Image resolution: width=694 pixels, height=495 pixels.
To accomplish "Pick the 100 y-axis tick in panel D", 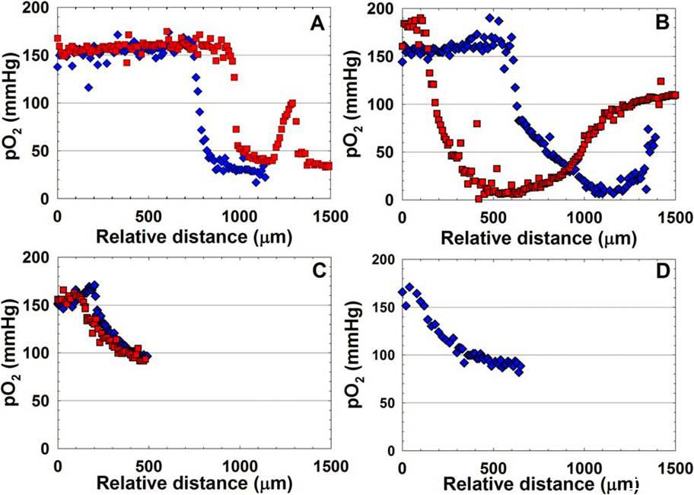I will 382,355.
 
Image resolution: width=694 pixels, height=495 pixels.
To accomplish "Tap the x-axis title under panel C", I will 194,482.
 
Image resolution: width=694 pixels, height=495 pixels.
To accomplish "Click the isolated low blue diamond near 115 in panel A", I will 89,88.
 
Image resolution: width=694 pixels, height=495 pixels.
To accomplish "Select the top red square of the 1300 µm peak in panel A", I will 291,103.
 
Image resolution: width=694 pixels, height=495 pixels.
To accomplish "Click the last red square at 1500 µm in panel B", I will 674,94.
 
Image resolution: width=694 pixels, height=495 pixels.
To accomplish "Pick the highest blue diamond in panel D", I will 410,287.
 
